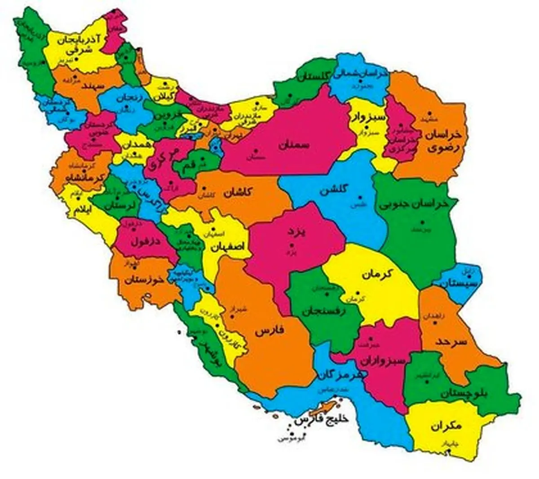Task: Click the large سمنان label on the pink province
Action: pos(294,145)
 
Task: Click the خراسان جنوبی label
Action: pos(414,204)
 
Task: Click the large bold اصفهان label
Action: pos(227,246)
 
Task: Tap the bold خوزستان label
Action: pos(144,282)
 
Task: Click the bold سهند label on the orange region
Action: pos(90,86)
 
